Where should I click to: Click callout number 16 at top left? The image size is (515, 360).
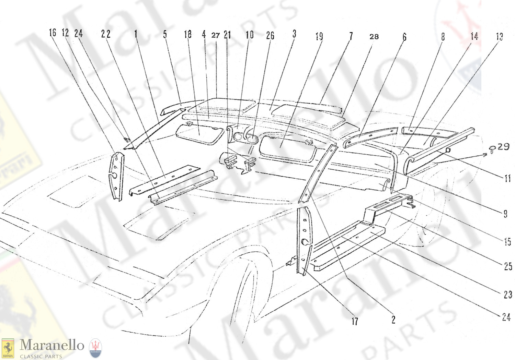tap(53, 33)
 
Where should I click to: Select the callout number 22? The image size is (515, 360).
tap(106, 34)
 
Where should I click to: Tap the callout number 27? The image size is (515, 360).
tap(215, 35)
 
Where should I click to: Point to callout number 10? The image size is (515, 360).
tap(249, 35)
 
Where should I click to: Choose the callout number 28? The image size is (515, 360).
tap(374, 36)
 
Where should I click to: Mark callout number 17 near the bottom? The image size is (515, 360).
tap(355, 321)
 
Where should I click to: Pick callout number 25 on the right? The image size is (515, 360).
tap(508, 266)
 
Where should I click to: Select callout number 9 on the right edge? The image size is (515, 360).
tap(505, 214)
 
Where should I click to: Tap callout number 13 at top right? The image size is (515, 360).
tap(500, 36)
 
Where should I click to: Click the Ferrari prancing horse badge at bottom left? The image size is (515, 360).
tap(8, 348)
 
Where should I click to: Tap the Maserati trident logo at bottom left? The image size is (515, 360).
tap(95, 348)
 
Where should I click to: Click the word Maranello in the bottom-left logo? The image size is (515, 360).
tap(51, 345)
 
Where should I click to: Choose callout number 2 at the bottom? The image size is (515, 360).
tap(393, 320)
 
